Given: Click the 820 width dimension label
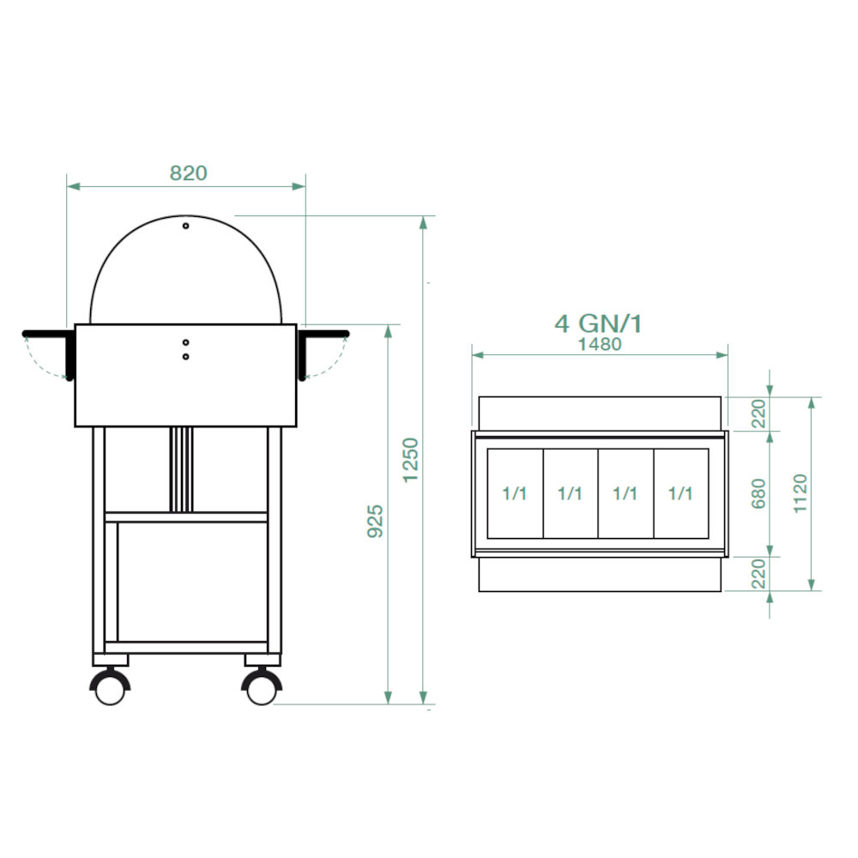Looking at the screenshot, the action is click(188, 173).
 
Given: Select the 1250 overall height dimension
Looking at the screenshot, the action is click(410, 460).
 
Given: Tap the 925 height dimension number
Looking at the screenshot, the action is click(376, 521).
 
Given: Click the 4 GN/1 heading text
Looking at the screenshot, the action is click(598, 323).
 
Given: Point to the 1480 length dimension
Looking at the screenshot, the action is click(600, 344).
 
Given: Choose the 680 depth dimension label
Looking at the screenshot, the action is click(758, 493).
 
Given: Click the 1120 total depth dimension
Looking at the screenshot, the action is click(800, 493).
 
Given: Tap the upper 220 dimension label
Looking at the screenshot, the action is click(758, 414).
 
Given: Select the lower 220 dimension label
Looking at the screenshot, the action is click(758, 573).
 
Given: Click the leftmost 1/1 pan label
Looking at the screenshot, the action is click(514, 493).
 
